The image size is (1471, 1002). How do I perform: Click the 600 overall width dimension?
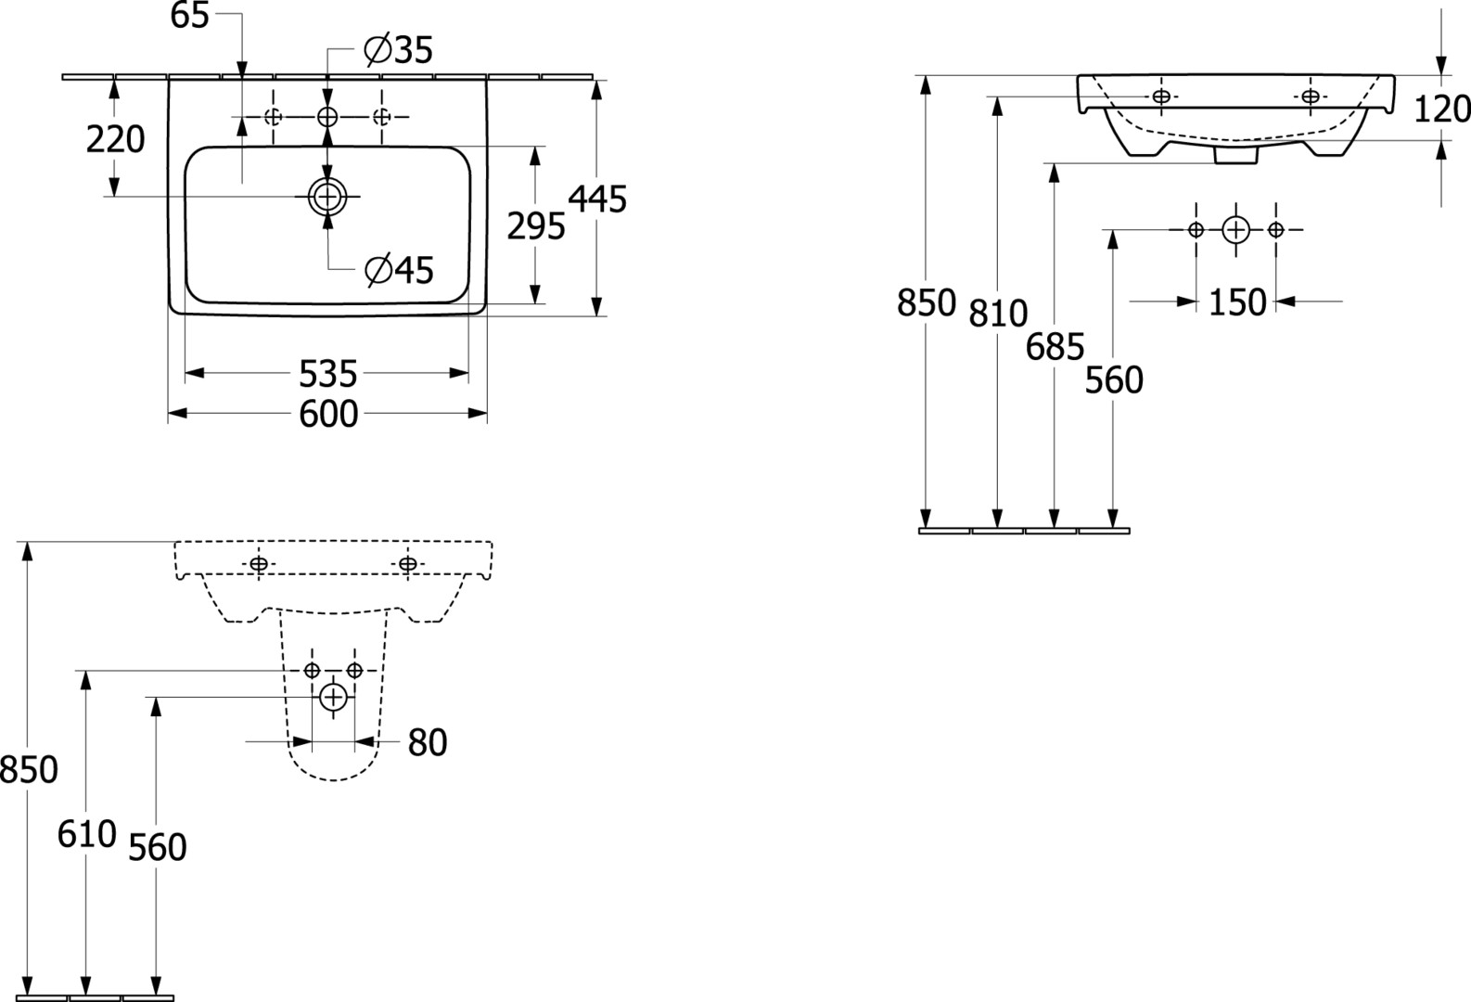click(x=328, y=414)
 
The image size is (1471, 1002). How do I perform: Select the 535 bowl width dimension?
click(x=327, y=374)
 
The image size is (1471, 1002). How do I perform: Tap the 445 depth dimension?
click(x=597, y=199)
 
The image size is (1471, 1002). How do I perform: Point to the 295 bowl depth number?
click(x=536, y=226)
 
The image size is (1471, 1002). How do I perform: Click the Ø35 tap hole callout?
click(x=399, y=50)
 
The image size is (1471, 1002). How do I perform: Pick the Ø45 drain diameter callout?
click(x=399, y=269)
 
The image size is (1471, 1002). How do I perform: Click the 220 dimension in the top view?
click(x=116, y=139)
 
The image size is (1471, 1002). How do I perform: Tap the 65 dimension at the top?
click(x=190, y=16)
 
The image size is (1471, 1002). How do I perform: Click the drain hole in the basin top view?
click(x=327, y=197)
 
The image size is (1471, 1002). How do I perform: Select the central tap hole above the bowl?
click(x=327, y=117)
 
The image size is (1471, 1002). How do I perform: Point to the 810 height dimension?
click(x=998, y=314)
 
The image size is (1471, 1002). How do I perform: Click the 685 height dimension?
click(x=1055, y=347)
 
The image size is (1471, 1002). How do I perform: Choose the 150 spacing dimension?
click(x=1237, y=302)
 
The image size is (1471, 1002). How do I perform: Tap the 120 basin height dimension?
click(x=1442, y=109)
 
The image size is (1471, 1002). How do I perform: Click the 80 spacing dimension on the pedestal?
click(x=428, y=743)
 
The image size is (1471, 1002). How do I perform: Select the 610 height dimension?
click(x=86, y=834)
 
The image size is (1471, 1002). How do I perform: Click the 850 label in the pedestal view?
click(x=29, y=770)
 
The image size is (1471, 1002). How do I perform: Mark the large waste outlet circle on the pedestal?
click(x=333, y=697)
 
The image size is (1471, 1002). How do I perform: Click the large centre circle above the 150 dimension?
click(x=1236, y=230)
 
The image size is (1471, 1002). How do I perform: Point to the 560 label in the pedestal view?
click(x=158, y=848)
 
